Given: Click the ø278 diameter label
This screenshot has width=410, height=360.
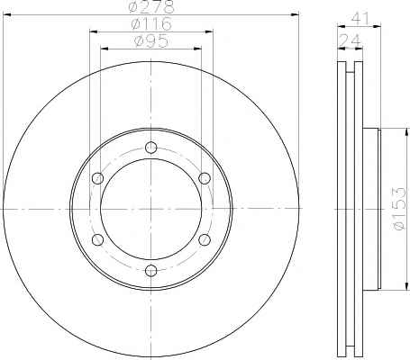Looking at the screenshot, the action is coord(151,6).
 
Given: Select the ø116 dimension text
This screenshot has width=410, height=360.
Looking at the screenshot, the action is coord(151,23).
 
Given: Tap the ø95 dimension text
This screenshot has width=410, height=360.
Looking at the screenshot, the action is coord(151,40).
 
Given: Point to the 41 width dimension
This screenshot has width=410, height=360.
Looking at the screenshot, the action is coord(360,19).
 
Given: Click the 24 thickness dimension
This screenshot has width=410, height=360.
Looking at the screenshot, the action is coord(350,40).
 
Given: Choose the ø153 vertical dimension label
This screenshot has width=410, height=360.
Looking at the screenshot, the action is coord(398,209).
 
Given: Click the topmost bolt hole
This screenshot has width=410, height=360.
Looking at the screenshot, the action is coord(150,148).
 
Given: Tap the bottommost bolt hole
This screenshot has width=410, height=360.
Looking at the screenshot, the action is coord(150,271).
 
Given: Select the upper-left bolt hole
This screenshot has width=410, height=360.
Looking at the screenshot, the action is coord(97,178).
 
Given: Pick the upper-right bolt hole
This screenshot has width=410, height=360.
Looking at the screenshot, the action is coord(205,178).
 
